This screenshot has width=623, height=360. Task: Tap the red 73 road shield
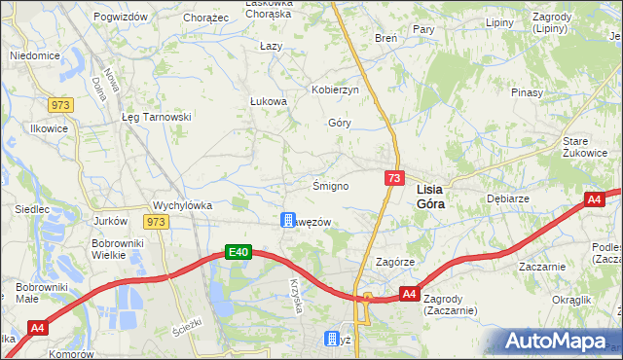click(x=394, y=178)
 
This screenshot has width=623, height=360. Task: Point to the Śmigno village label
click(x=330, y=185)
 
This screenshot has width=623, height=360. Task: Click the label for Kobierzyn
click(x=336, y=90)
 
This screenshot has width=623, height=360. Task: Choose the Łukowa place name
click(x=268, y=101)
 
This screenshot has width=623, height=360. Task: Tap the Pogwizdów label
click(x=122, y=18)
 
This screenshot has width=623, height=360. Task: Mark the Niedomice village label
click(x=35, y=56)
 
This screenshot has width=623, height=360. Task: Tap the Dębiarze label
click(x=506, y=197)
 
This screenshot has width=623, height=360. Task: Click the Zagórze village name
click(x=395, y=263)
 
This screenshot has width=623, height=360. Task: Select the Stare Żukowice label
click(x=584, y=147)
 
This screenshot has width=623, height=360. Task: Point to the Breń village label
click(x=385, y=37)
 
